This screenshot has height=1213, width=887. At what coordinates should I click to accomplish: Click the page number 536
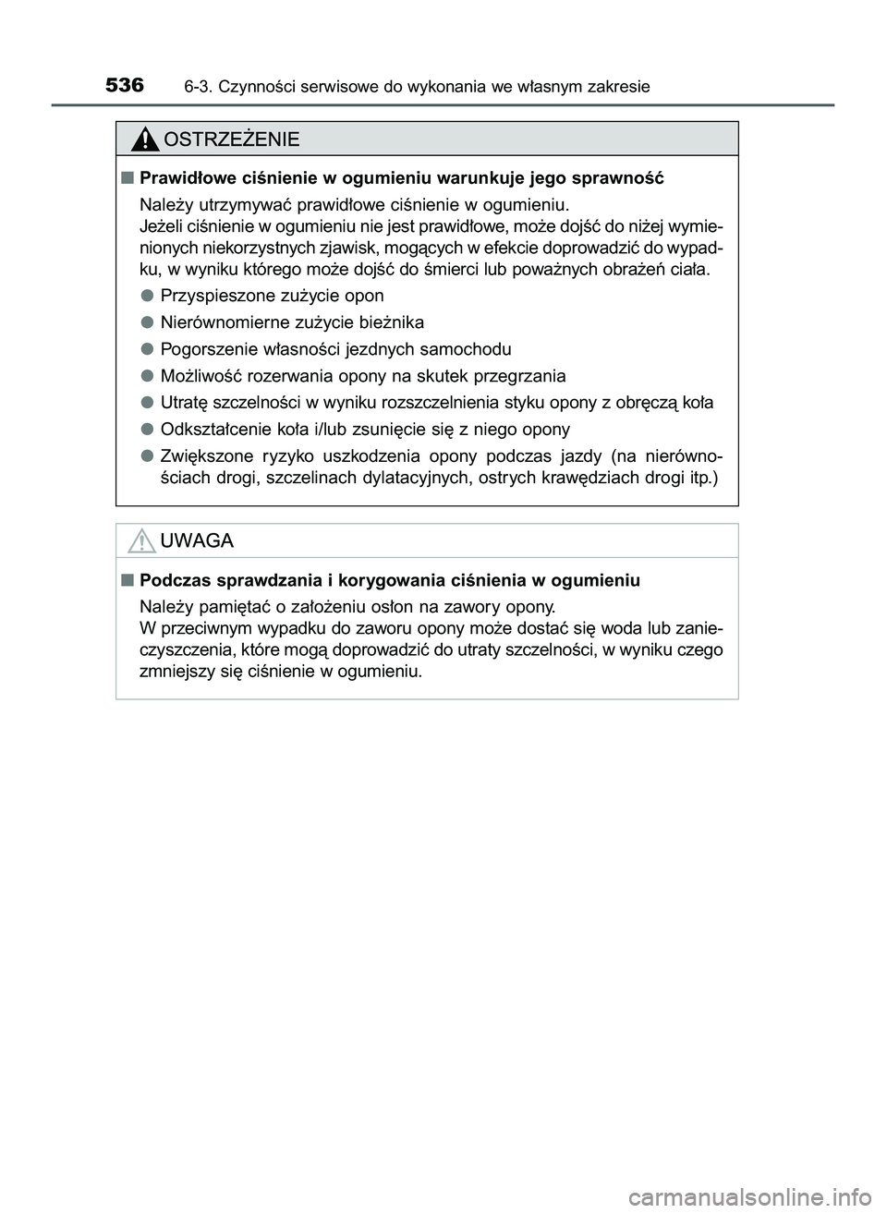(x=125, y=85)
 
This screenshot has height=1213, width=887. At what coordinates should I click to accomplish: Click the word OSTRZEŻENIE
(x=231, y=139)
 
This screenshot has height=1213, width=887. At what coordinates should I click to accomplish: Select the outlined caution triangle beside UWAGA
(x=141, y=541)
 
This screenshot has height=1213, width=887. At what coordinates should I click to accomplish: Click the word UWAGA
(x=197, y=541)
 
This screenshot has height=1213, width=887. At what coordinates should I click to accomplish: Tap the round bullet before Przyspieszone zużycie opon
(x=147, y=296)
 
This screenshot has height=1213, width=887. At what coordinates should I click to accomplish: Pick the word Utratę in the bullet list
(x=184, y=403)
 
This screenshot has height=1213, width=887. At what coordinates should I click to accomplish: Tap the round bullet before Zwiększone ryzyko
(x=147, y=455)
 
